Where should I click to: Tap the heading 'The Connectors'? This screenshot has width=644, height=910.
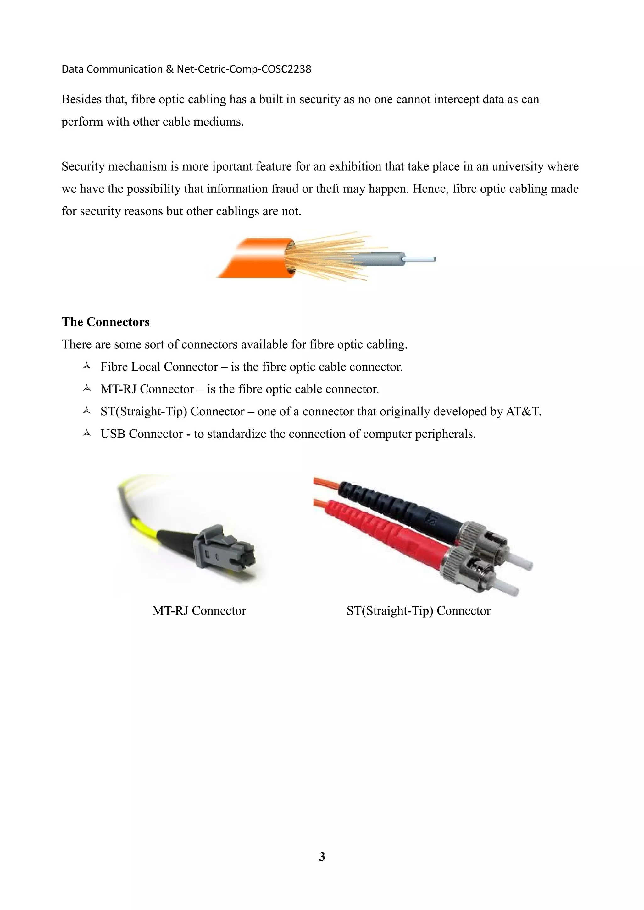pos(106,322)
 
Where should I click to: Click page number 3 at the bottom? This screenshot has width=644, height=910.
pos(322,857)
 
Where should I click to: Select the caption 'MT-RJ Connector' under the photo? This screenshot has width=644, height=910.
pos(199,611)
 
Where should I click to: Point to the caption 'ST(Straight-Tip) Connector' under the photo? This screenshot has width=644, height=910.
pos(418,611)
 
